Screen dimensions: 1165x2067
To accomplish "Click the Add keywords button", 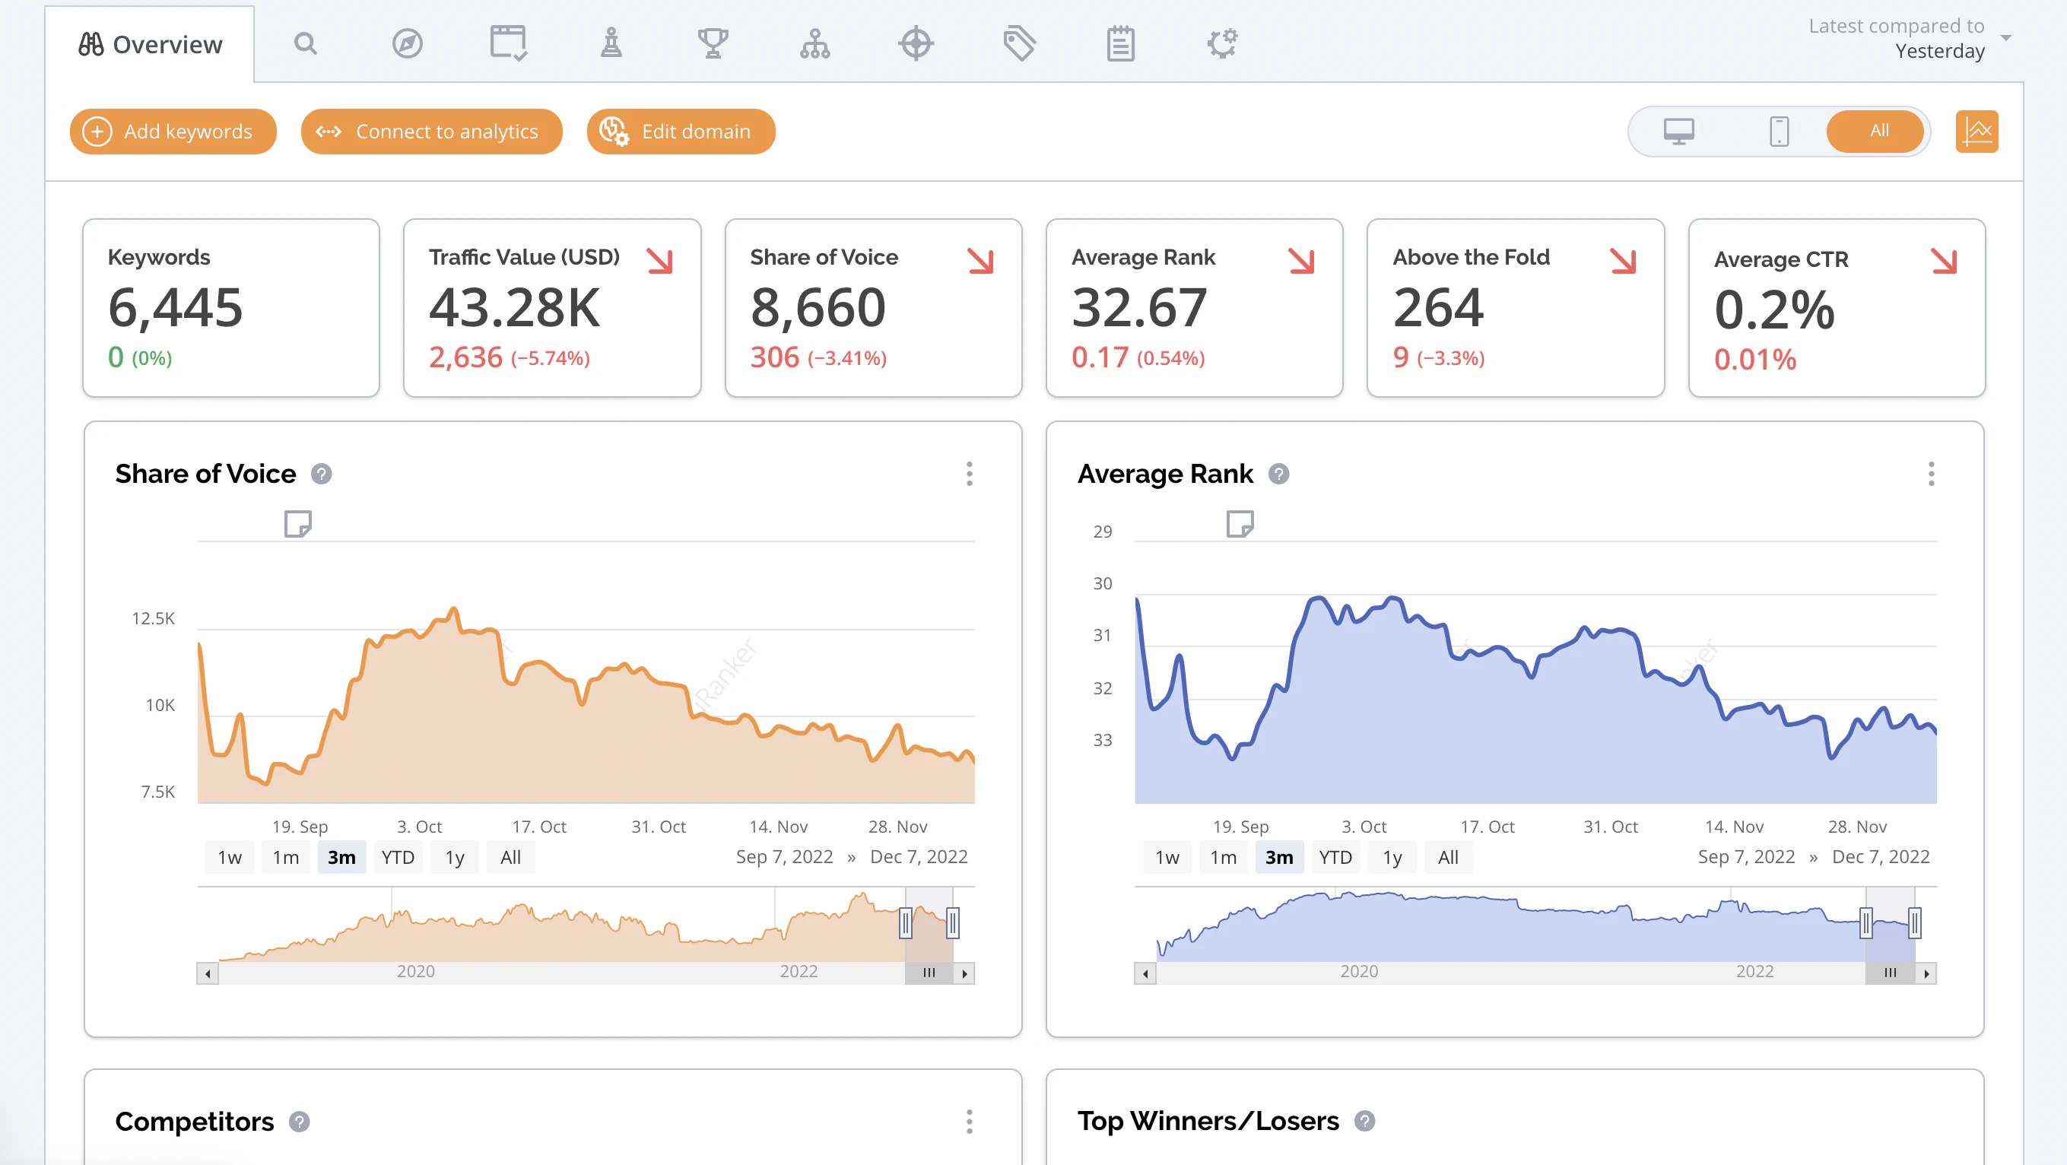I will coord(173,131).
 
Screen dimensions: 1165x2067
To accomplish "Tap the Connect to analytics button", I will coord(431,131).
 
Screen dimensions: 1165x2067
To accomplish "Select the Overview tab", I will coord(150,44).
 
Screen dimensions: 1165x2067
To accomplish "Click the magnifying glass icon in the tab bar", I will coord(305,43).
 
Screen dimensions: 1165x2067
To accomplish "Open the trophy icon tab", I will coord(713,43).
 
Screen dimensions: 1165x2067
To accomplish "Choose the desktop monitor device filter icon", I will coord(1678,131).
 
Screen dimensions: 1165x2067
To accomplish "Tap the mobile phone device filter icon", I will coord(1779,131).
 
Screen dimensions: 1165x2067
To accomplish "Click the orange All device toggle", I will coord(1878,131).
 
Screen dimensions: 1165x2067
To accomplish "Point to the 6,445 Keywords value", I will coord(175,307).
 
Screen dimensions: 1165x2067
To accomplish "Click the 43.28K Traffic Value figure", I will coord(514,307).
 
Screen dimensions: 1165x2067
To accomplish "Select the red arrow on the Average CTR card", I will coord(1944,261).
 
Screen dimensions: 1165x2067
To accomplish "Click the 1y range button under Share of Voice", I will coord(455,858).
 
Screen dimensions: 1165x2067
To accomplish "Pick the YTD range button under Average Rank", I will coord(1335,858).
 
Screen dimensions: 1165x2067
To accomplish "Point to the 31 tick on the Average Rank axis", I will coord(1103,636).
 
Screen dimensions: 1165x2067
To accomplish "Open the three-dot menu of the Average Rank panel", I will coord(1931,475).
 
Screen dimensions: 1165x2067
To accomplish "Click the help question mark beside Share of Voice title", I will coord(322,475).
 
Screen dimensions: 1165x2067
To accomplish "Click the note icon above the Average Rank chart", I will coord(1240,524).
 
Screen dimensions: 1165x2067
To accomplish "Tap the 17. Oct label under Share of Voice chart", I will coord(539,827).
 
